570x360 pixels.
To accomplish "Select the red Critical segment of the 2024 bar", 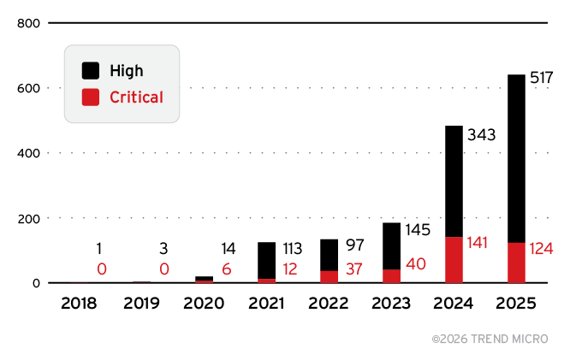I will point(454,260).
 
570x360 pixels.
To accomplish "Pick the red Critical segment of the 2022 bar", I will point(329,276).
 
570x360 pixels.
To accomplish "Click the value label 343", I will point(482,134).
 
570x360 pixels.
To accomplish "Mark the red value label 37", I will point(354,269).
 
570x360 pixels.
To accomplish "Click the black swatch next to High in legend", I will point(91,71).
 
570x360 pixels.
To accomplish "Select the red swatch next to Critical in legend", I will point(91,97).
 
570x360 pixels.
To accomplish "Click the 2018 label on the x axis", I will point(79,304).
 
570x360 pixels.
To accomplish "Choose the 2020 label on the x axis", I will point(204,304).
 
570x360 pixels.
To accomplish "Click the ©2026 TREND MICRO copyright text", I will point(490,339).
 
